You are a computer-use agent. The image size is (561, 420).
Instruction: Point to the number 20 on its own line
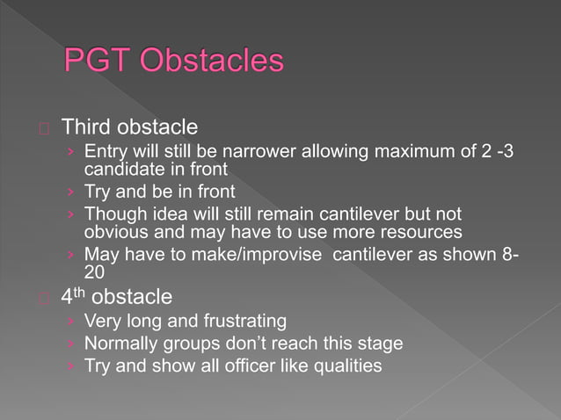(94, 271)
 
